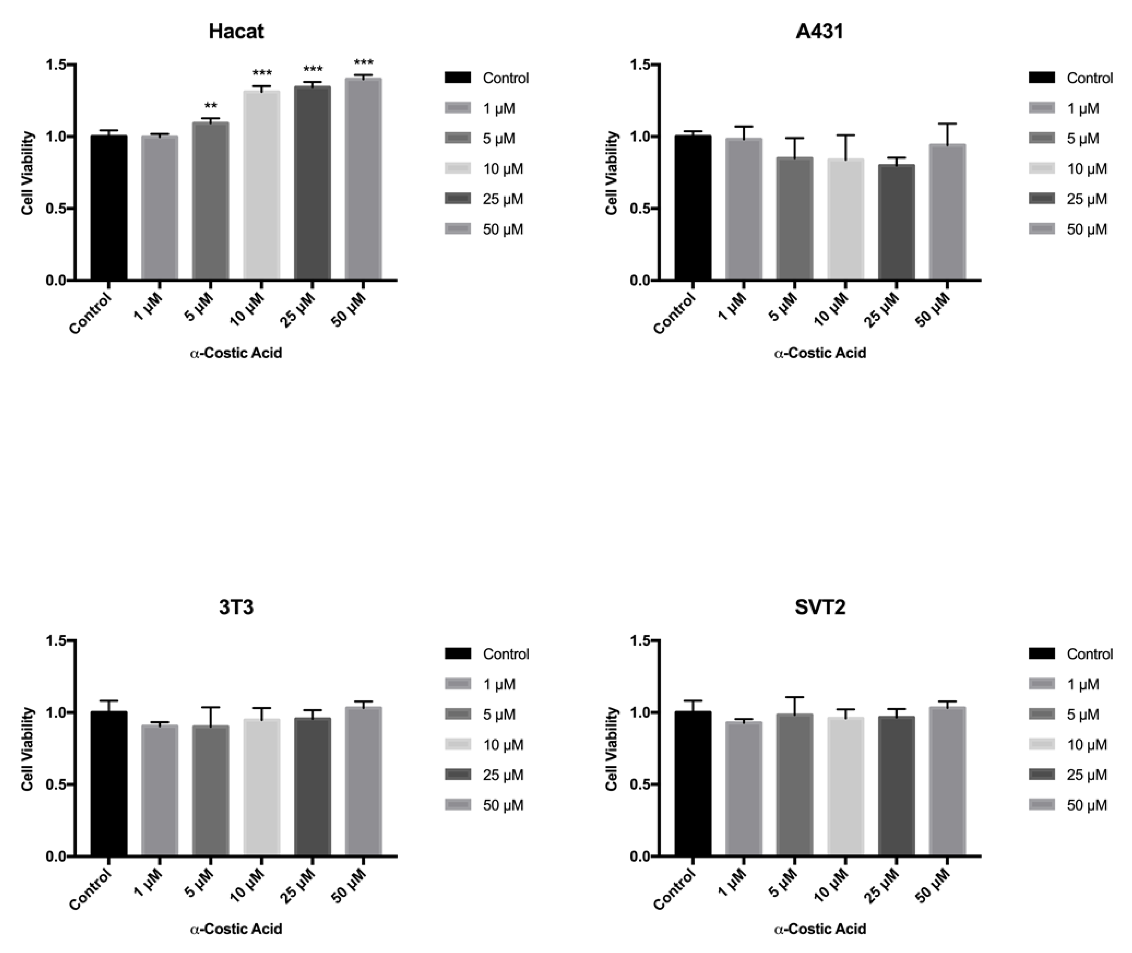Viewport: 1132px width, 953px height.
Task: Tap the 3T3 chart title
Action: [x=236, y=608]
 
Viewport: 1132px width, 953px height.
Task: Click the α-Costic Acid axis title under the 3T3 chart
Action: [x=236, y=929]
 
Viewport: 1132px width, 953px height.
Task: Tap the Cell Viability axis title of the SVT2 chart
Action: [x=611, y=749]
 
